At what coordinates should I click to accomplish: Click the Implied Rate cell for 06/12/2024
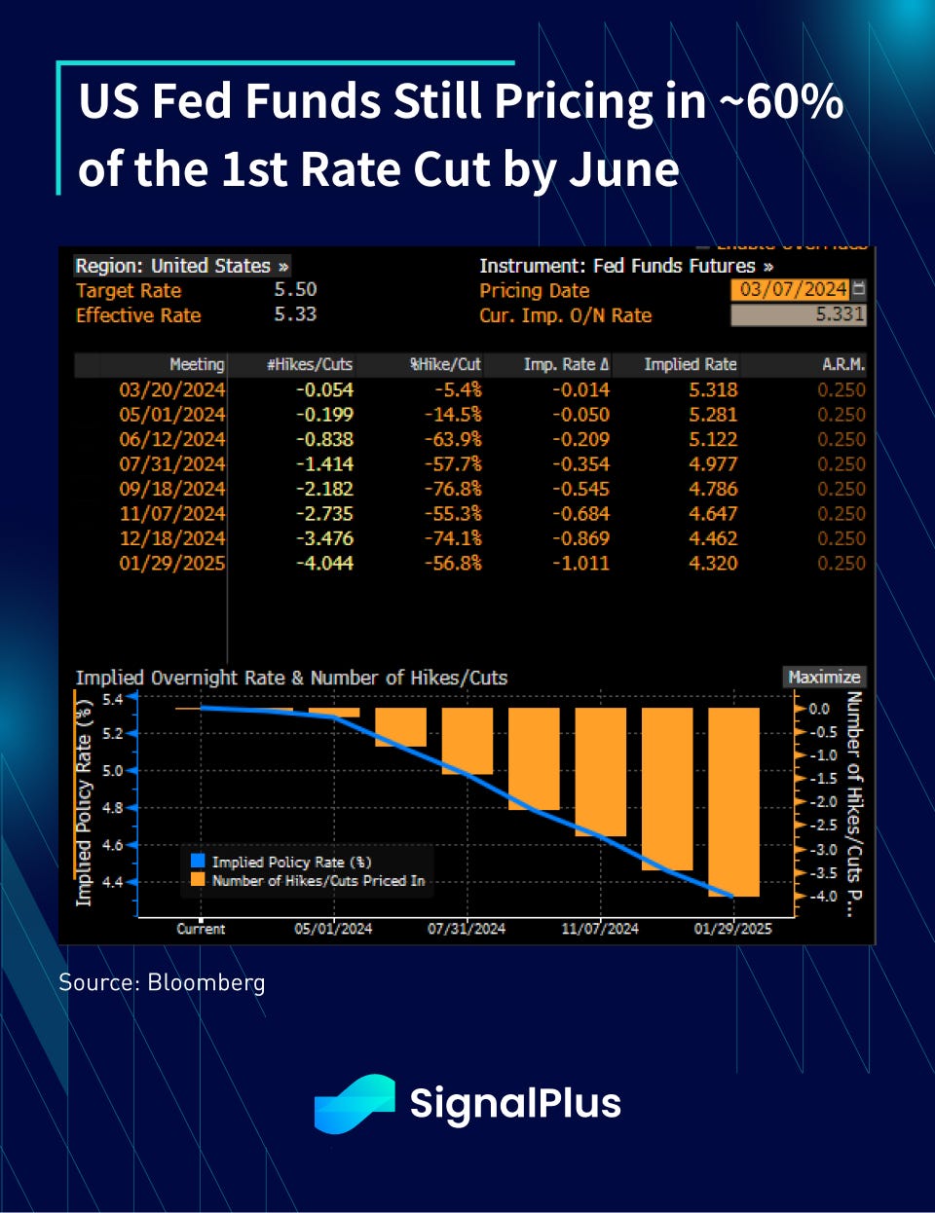tap(713, 439)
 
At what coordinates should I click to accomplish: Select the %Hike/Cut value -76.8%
tap(453, 489)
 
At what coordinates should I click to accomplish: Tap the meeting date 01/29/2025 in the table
tap(171, 563)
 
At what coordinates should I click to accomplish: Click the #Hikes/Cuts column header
tap(310, 364)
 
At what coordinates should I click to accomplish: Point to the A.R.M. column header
tap(843, 364)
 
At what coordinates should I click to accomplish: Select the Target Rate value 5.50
tap(295, 289)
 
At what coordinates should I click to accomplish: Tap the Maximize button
tap(824, 677)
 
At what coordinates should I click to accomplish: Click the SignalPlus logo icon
tap(354, 1104)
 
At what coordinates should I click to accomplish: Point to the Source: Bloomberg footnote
tap(162, 982)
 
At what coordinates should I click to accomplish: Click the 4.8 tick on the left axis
tap(113, 807)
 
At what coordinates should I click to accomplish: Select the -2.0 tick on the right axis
tap(825, 801)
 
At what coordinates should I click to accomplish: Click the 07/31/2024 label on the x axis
tap(467, 929)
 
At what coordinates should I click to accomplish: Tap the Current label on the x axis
tap(201, 929)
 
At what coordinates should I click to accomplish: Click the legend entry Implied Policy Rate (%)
tap(290, 862)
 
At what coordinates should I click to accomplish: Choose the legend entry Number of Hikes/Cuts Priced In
tap(318, 880)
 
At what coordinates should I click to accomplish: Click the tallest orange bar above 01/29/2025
tap(733, 800)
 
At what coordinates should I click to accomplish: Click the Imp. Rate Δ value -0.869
tap(580, 538)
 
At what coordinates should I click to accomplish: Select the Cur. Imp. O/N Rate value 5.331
tap(798, 314)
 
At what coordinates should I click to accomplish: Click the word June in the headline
tap(624, 169)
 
